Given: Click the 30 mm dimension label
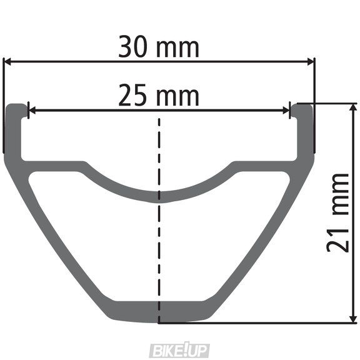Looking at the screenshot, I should click(x=159, y=47).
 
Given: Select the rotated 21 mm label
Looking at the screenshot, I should click(x=338, y=212).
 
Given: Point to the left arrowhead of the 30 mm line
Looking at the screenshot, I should click(x=8, y=61).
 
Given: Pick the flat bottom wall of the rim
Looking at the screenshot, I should click(x=159, y=311).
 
